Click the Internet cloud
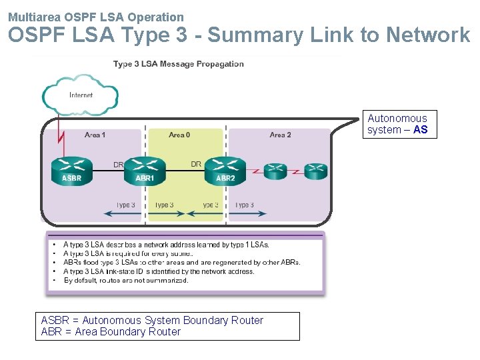81,96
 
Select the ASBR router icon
71,170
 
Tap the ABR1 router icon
145,170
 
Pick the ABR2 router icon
225,170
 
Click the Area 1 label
95,135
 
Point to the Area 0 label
179,135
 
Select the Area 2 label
280,135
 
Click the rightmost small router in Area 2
315,171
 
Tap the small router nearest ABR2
275,171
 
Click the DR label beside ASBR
118,164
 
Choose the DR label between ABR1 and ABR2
196,164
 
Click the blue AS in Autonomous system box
420,130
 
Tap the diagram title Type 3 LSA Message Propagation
178,64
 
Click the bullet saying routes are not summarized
126,281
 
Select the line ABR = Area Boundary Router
111,332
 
